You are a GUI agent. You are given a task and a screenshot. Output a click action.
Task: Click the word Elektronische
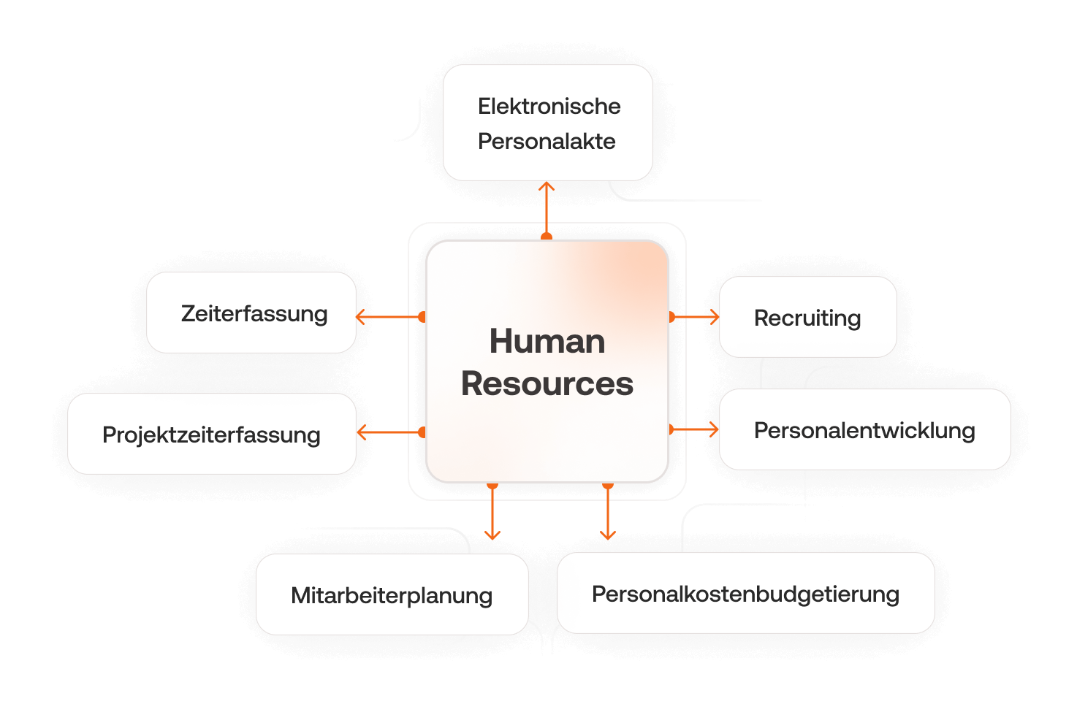pos(549,106)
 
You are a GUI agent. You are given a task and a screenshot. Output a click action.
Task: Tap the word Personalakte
pos(547,141)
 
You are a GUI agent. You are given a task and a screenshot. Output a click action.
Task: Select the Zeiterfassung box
pos(251,313)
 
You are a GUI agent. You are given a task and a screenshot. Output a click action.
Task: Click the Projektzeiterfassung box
pos(211,435)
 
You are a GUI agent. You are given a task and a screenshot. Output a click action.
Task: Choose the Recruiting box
pos(807,318)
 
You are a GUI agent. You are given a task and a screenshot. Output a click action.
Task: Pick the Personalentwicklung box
pos(864,430)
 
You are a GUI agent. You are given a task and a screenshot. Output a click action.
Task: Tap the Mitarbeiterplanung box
pos(392,594)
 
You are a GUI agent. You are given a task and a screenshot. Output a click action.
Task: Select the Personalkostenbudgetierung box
pos(745,593)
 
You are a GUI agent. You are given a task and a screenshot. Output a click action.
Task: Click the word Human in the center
pos(547,341)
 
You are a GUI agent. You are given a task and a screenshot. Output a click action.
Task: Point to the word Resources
pos(547,383)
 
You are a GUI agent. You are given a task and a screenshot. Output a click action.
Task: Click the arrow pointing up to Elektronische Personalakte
pos(547,208)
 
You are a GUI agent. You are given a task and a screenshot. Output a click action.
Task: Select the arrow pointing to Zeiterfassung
pos(387,317)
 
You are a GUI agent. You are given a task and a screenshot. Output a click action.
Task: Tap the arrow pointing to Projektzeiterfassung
pos(387,433)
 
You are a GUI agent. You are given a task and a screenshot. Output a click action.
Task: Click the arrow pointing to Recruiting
pos(696,317)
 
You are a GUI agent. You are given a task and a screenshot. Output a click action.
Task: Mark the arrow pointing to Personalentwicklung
pos(696,429)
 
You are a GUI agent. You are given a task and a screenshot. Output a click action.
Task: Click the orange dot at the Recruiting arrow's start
pos(671,317)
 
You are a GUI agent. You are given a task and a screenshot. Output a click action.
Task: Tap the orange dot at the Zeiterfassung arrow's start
pos(422,317)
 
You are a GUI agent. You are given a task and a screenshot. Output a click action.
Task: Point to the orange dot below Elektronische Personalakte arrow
pos(547,237)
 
